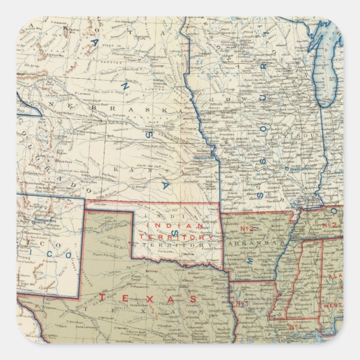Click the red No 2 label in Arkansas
tap(248, 229)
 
